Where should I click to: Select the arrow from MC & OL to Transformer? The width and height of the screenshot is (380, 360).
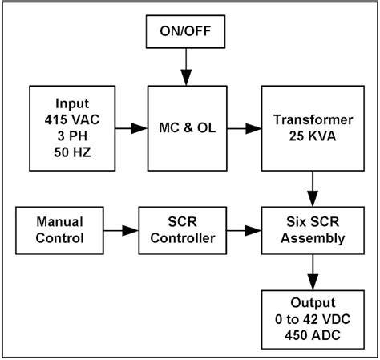(245, 126)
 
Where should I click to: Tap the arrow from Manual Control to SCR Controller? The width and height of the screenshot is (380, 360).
(122, 231)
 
